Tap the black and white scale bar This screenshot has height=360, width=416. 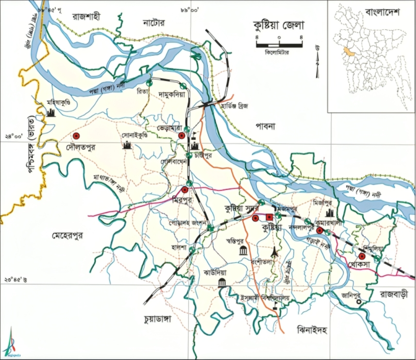(279, 44)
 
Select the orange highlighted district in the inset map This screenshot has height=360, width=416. (347, 51)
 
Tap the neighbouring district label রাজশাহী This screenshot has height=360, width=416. (86, 17)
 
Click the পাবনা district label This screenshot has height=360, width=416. (265, 126)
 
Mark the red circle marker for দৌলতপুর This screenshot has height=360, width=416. (76, 136)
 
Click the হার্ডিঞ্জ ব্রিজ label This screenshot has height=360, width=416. (234, 106)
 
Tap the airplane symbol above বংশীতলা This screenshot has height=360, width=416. (275, 251)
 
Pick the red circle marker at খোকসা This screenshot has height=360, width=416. (361, 256)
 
